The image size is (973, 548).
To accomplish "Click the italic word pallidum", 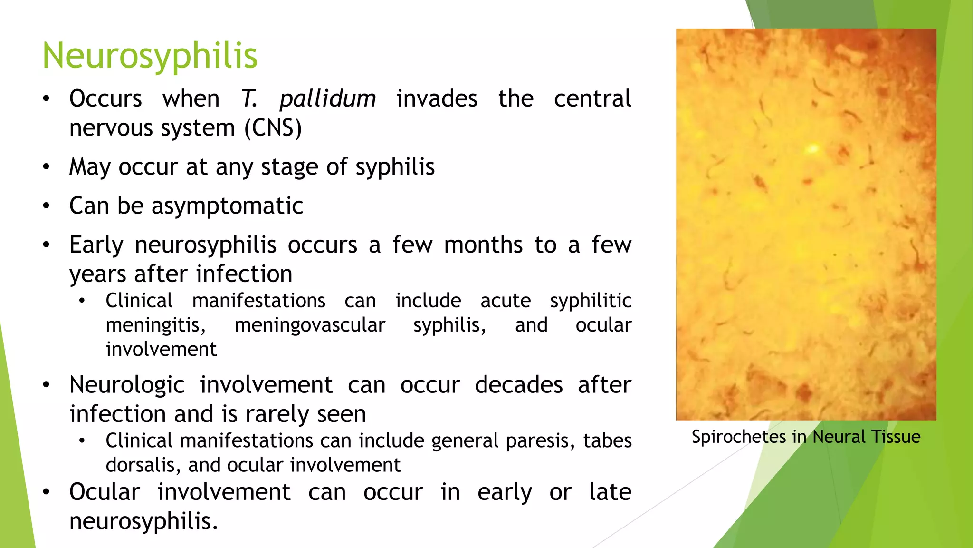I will pos(327,99).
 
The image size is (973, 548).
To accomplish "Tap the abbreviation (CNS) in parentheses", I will pos(273,128).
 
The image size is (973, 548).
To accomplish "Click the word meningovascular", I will pos(310,325).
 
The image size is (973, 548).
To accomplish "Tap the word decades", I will pos(518,385).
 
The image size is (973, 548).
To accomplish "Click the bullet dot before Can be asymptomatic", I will pos(46,206).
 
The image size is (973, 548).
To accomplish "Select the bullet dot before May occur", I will pos(46,167).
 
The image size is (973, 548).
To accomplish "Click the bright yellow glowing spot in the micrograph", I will pos(812,149).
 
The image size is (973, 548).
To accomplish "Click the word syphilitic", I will pos(591,301).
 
